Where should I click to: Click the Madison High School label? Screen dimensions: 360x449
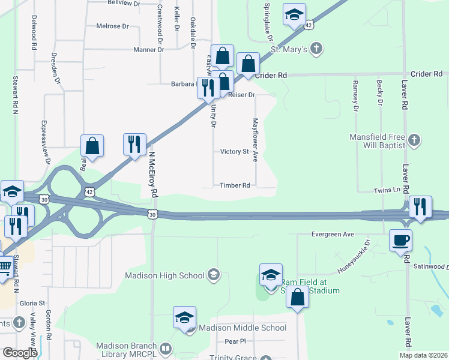166,276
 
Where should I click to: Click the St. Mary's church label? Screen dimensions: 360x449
290,49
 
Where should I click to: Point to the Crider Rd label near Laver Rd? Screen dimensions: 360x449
427,74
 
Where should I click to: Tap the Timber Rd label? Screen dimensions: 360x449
235,185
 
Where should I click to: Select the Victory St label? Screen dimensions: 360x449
234,152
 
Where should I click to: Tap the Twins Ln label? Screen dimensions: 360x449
387,190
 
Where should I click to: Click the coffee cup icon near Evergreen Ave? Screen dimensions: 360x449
401,241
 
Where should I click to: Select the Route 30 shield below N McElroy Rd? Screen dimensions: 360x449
153,214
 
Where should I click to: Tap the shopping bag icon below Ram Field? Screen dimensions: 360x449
297,296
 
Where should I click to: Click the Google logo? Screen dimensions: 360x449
20,353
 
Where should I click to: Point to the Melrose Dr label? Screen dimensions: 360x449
113,26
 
